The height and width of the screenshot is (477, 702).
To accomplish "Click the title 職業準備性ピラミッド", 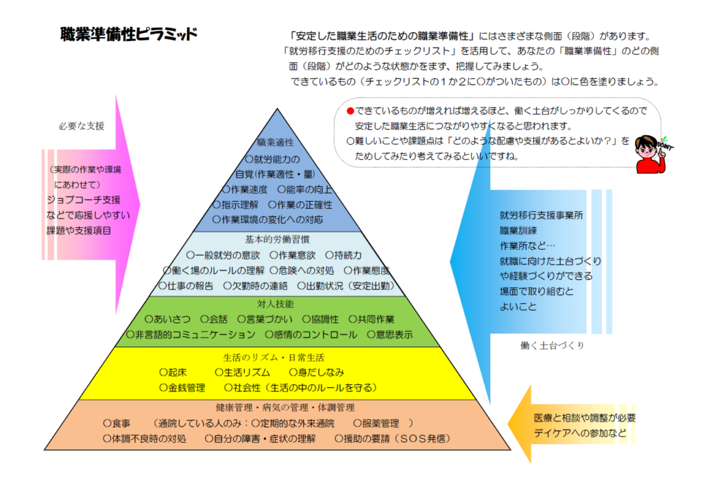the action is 128,34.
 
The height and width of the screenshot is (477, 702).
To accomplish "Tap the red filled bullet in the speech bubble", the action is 350,110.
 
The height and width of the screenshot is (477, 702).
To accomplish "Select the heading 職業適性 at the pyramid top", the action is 276,143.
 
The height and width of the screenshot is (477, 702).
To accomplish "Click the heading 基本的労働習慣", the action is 277,240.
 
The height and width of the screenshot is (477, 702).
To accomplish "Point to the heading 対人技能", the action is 276,304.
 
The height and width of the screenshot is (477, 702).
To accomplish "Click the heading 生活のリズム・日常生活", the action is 274,358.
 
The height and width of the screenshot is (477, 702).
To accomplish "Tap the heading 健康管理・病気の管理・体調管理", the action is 285,408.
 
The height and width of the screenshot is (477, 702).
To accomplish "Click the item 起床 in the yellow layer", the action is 173,373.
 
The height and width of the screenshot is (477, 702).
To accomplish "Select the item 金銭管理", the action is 182,388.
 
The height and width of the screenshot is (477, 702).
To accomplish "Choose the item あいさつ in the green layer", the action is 167,319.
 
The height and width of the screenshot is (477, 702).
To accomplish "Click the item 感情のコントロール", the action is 311,334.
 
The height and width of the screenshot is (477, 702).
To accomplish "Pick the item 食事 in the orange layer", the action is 117,423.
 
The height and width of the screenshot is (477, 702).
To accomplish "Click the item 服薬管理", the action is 376,423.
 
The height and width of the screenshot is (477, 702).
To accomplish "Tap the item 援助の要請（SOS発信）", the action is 393,439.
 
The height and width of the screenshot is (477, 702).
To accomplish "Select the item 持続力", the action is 343,255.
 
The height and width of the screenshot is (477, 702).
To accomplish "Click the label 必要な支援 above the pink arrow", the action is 82,126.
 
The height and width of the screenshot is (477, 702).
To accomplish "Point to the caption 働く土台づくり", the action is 552,345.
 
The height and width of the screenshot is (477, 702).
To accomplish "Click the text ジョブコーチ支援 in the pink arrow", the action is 84,200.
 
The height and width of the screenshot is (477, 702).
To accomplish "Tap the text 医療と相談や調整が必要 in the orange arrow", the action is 585,418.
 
